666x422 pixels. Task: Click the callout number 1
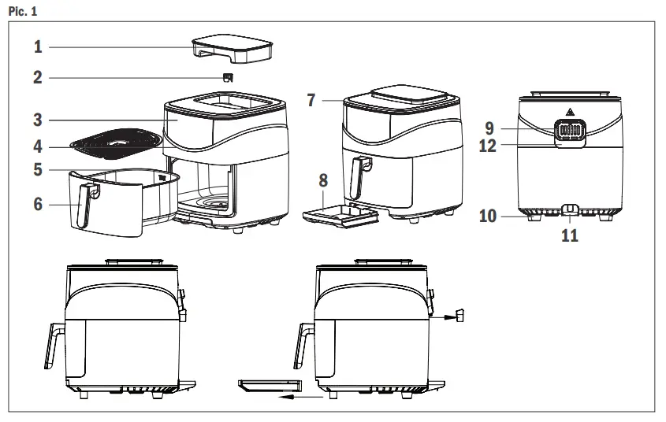38,47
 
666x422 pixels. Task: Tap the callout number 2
38,78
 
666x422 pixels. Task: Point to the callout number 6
38,204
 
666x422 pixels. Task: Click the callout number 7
311,100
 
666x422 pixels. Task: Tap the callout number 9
489,127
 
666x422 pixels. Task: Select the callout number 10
488,215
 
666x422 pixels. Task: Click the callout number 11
569,235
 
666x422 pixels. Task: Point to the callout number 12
488,146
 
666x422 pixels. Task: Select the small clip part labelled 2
228,77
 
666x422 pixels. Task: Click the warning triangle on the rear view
569,111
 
